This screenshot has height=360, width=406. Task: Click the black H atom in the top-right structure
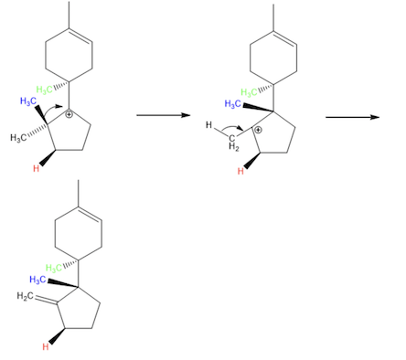(x=209, y=125)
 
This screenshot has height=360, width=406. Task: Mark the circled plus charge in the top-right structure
(x=259, y=130)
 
